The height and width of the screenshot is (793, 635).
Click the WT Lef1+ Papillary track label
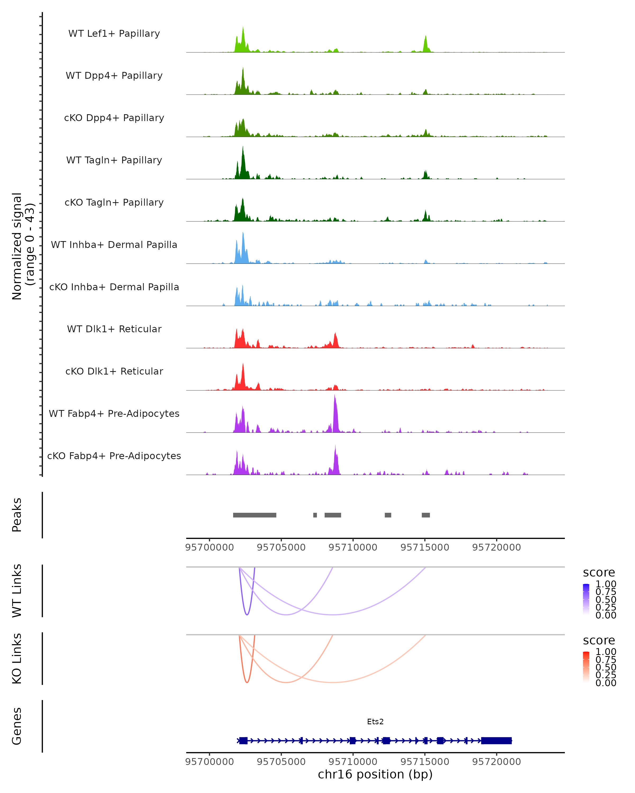[114, 34]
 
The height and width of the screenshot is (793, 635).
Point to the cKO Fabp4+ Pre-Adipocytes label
[114, 456]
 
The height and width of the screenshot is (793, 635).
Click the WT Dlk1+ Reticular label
[114, 329]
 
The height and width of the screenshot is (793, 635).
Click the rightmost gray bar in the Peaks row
[426, 515]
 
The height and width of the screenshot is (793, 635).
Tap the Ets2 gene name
[375, 722]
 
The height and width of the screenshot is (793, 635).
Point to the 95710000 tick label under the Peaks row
[353, 547]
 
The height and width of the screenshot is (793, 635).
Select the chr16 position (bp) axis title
[375, 774]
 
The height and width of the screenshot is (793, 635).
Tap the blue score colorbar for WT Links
[586, 599]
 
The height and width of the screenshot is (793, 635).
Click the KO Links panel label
[17, 659]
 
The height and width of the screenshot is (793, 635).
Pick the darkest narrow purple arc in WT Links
[247, 614]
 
